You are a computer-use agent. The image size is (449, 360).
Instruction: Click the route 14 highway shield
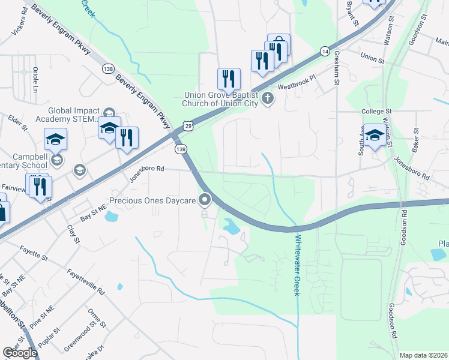coord(325,52)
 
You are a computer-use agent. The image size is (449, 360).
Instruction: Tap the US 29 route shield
coord(189,125)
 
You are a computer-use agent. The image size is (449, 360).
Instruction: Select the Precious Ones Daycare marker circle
coord(205,200)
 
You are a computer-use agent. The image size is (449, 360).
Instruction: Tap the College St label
coord(376,112)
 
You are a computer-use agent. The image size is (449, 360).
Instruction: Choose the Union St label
coord(372,57)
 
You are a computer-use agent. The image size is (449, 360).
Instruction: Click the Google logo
coord(20,353)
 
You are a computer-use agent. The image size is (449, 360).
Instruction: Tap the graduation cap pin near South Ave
coord(375,136)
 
